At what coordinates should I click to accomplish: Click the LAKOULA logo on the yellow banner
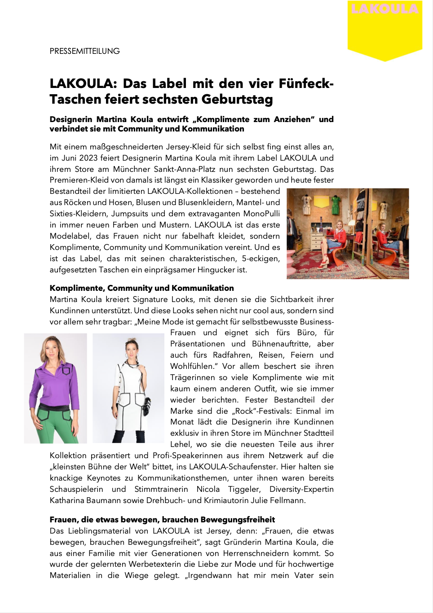384,9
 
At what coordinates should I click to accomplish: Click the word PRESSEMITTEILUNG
84,51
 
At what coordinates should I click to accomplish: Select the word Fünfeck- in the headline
306,83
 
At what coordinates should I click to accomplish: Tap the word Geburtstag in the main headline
237,99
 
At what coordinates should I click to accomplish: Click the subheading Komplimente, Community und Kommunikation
141,288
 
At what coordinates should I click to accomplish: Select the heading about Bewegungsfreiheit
162,520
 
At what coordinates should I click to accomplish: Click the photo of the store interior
348,233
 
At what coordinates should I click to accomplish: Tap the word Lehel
181,444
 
